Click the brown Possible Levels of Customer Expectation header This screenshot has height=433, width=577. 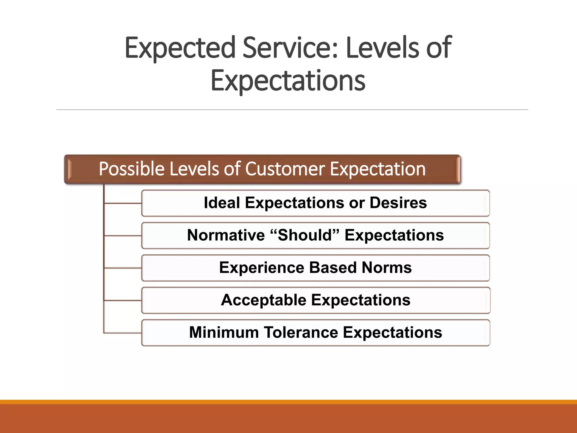point(262,169)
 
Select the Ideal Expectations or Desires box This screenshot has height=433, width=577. point(316,203)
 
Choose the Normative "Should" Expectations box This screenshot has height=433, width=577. point(316,235)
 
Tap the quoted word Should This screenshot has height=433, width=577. point(305,235)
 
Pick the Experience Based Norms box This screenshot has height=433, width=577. point(316,268)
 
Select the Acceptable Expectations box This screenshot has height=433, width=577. point(316,300)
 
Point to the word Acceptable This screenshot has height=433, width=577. point(263,300)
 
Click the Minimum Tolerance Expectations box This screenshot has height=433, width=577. point(316,333)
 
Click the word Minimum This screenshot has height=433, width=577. point(224,333)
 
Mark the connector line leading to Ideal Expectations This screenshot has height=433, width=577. point(123,203)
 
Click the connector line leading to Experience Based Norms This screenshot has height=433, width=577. point(123,268)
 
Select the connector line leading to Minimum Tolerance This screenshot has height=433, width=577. point(123,333)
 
